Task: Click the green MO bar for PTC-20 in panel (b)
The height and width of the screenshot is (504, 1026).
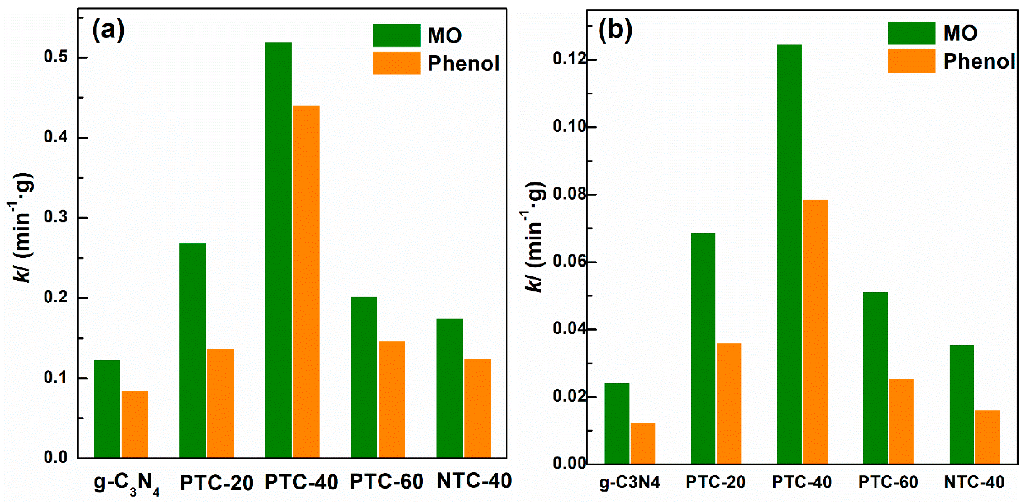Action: coord(703,348)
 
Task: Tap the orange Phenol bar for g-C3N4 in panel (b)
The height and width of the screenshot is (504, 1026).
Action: coord(643,443)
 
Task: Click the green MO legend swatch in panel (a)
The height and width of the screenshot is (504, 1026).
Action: coord(396,35)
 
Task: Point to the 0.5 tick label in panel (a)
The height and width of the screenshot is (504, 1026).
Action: coord(56,57)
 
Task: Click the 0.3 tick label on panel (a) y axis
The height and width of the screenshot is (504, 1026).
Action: coord(56,218)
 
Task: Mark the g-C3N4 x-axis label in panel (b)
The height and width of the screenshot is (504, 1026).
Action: coord(630,482)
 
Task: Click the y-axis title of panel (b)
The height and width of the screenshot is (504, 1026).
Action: coord(534,237)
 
